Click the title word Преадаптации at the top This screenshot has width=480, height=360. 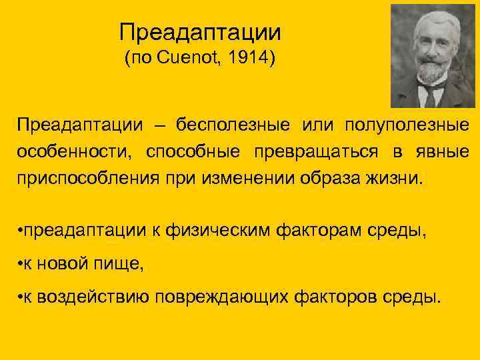click(x=200, y=31)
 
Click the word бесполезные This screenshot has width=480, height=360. click(x=233, y=125)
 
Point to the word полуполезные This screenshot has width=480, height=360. click(x=407, y=125)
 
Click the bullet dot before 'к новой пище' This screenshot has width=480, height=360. click(x=21, y=264)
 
